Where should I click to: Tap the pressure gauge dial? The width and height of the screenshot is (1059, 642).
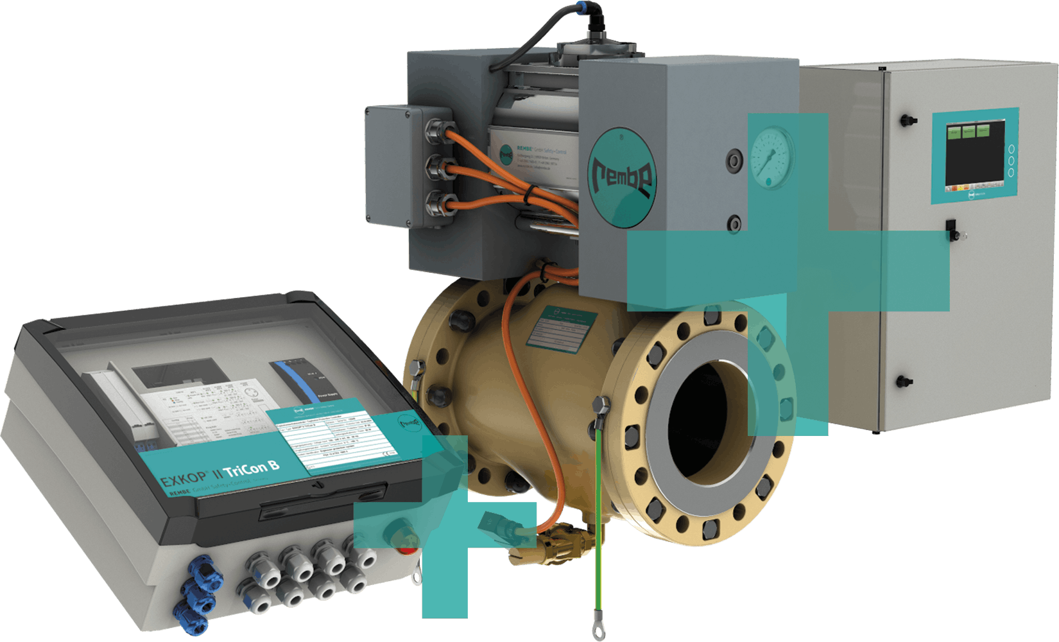(x=771, y=157)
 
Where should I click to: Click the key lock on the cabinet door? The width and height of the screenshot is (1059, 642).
(x=952, y=229)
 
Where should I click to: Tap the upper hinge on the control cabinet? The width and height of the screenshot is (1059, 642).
(x=907, y=120)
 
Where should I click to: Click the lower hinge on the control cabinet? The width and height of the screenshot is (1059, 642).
(x=904, y=381)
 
